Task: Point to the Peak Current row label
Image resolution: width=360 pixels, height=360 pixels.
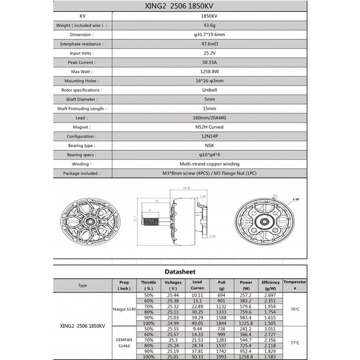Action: point(82,63)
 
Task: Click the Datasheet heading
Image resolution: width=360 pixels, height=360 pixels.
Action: point(180,272)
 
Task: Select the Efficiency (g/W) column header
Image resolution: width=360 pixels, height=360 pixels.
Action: point(270,285)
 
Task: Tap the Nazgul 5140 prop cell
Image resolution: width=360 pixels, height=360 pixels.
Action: point(124,309)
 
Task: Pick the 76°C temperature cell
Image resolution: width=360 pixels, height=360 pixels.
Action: point(295,309)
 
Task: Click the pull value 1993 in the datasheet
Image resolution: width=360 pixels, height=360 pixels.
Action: point(221,356)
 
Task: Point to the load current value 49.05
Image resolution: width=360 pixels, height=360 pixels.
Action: point(197,323)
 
